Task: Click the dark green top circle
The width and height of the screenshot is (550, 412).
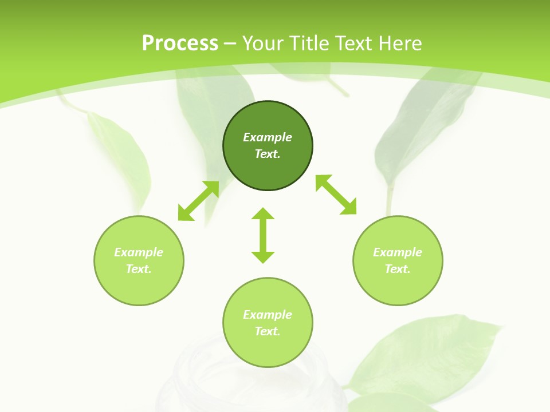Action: pyautogui.click(x=268, y=146)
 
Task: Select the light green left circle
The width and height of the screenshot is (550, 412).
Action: pyautogui.click(x=139, y=260)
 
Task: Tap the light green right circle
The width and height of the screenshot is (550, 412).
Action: pyautogui.click(x=398, y=260)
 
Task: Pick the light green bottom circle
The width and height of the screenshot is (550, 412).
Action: pyautogui.click(x=268, y=323)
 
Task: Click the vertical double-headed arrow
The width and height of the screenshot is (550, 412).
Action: pyautogui.click(x=263, y=235)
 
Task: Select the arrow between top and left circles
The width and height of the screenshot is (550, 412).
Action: pyautogui.click(x=199, y=201)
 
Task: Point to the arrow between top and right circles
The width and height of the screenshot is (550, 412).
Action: pyautogui.click(x=336, y=195)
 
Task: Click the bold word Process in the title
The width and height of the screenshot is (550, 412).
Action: pyautogui.click(x=180, y=43)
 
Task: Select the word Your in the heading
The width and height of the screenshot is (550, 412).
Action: pyautogui.click(x=264, y=43)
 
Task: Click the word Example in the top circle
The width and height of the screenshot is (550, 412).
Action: pyautogui.click(x=268, y=137)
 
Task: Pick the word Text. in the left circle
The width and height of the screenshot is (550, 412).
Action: pyautogui.click(x=139, y=269)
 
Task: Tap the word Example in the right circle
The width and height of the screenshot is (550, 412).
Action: pyautogui.click(x=398, y=252)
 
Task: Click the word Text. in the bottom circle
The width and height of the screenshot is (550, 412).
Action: pyautogui.click(x=268, y=331)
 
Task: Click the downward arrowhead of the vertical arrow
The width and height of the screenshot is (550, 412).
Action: pyautogui.click(x=263, y=257)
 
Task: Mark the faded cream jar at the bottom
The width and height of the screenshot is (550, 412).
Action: pyautogui.click(x=249, y=378)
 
